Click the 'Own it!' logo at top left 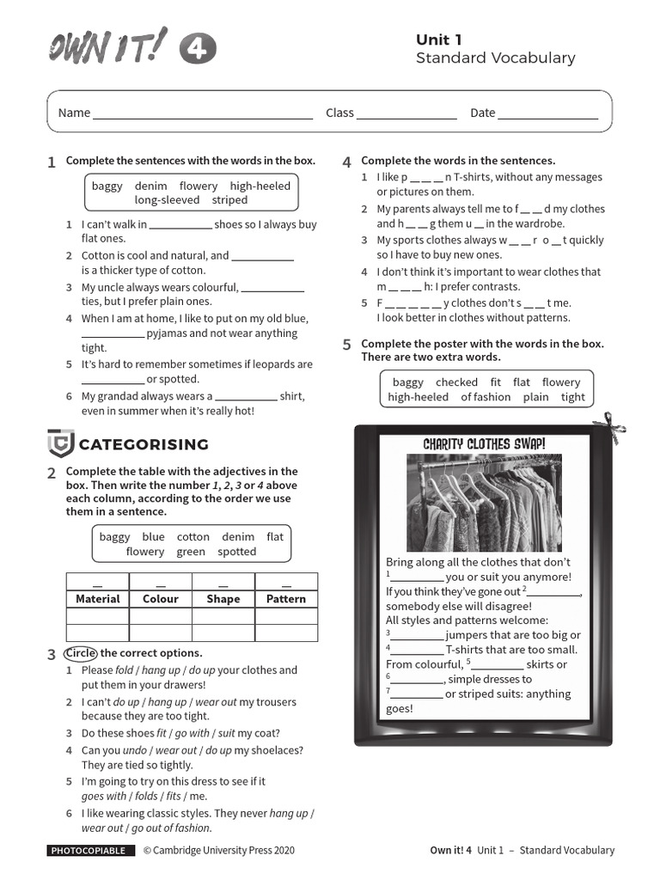(108, 47)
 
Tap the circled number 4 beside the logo (198, 50)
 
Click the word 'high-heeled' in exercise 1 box (260, 186)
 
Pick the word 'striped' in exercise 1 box (229, 200)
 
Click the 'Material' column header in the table (98, 599)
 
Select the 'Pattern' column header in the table (286, 599)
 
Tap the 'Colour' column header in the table (161, 599)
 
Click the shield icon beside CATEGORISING (60, 443)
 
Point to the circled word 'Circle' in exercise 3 (81, 653)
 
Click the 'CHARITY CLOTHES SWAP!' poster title (484, 443)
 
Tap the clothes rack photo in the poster (484, 503)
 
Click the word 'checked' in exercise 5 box (456, 382)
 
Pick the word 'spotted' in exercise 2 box (236, 552)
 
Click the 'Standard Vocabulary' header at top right (495, 58)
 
